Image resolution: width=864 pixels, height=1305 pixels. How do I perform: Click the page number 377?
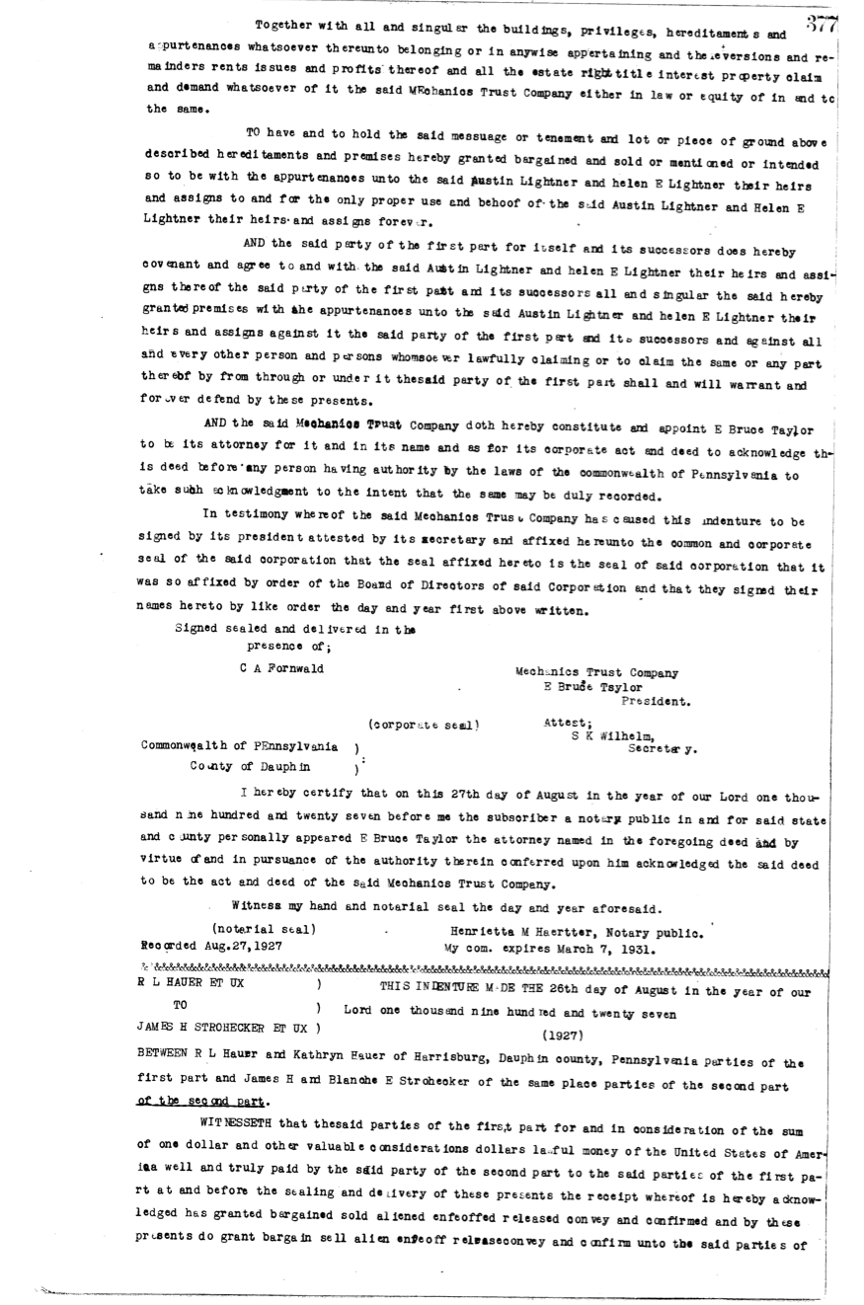tap(822, 25)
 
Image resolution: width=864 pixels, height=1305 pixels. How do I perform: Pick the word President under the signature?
tap(656, 702)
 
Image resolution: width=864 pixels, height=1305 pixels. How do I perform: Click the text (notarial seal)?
tap(264, 930)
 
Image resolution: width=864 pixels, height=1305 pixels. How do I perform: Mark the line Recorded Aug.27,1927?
tap(212, 945)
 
